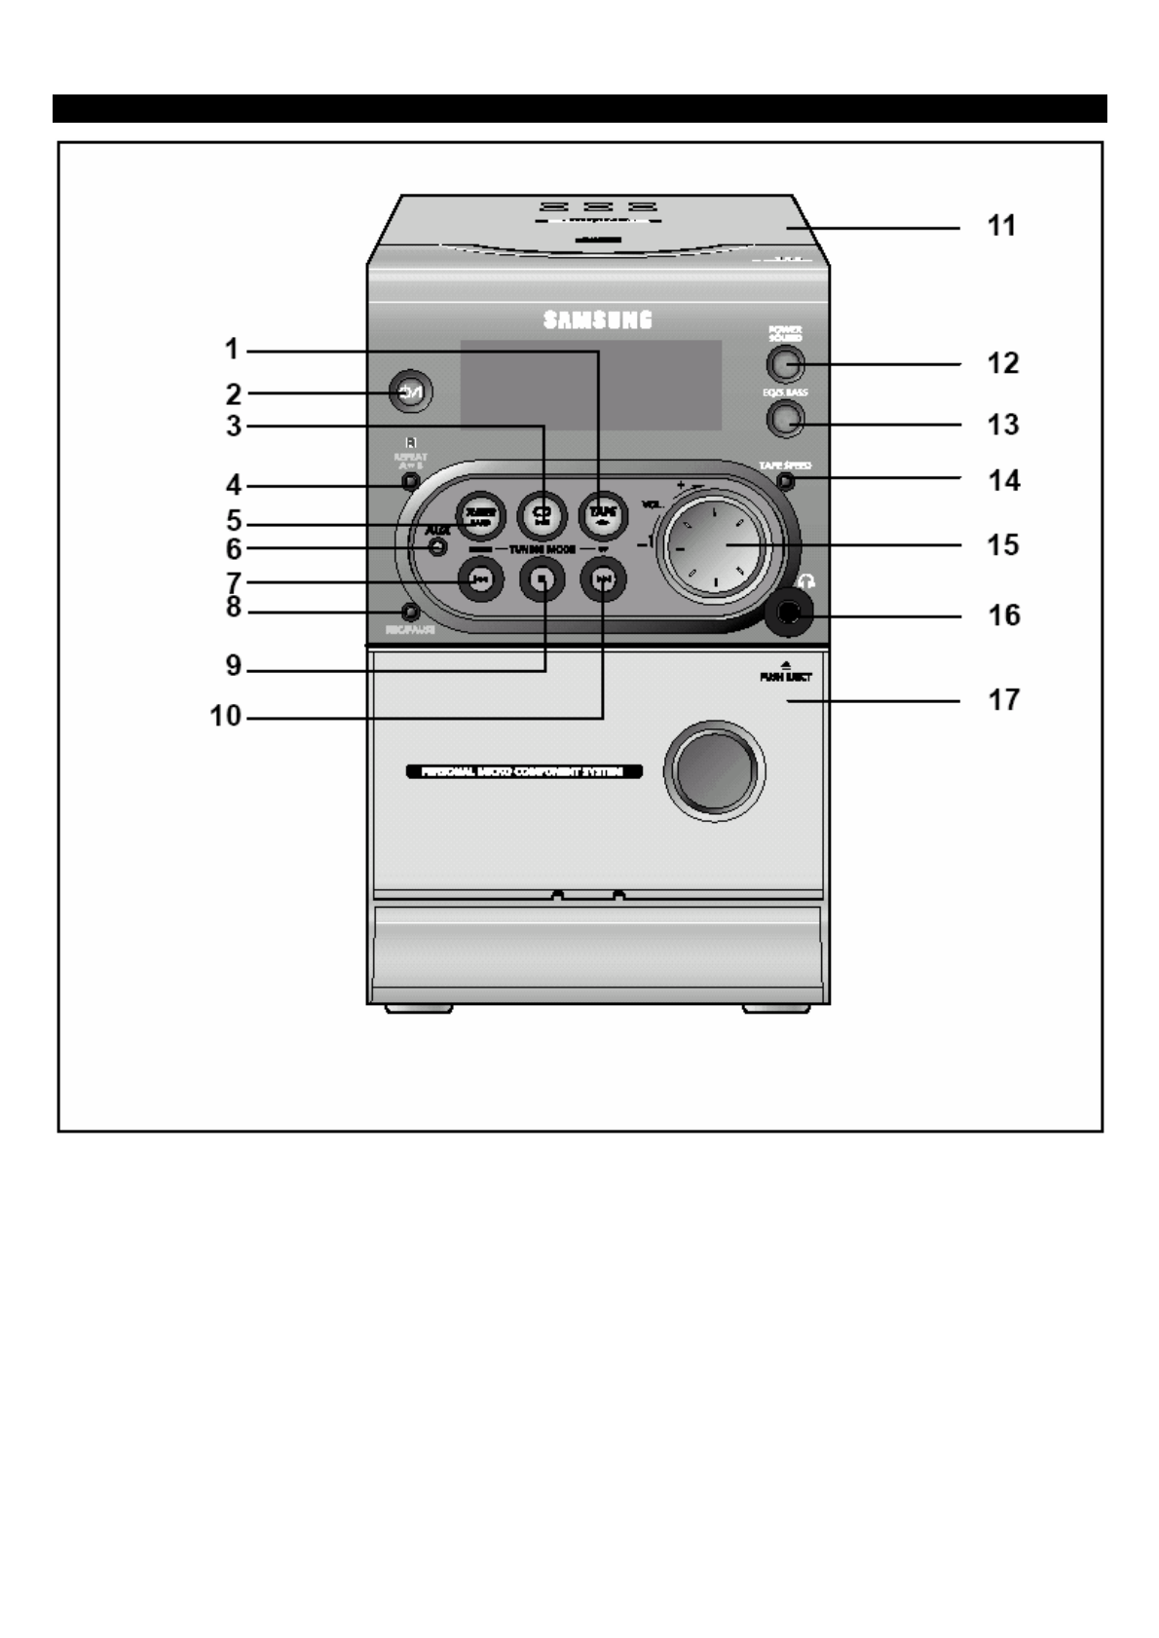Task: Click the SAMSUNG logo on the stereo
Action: tap(597, 319)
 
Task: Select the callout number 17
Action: tap(1004, 699)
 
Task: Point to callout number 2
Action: tap(233, 393)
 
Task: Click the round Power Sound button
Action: tap(784, 364)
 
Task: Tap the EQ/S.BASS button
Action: tap(784, 419)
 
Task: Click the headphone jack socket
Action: tap(788, 614)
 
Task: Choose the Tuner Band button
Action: tap(479, 512)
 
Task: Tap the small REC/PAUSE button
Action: tap(410, 612)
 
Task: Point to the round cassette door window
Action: tap(715, 770)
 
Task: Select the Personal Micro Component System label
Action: tap(522, 771)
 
